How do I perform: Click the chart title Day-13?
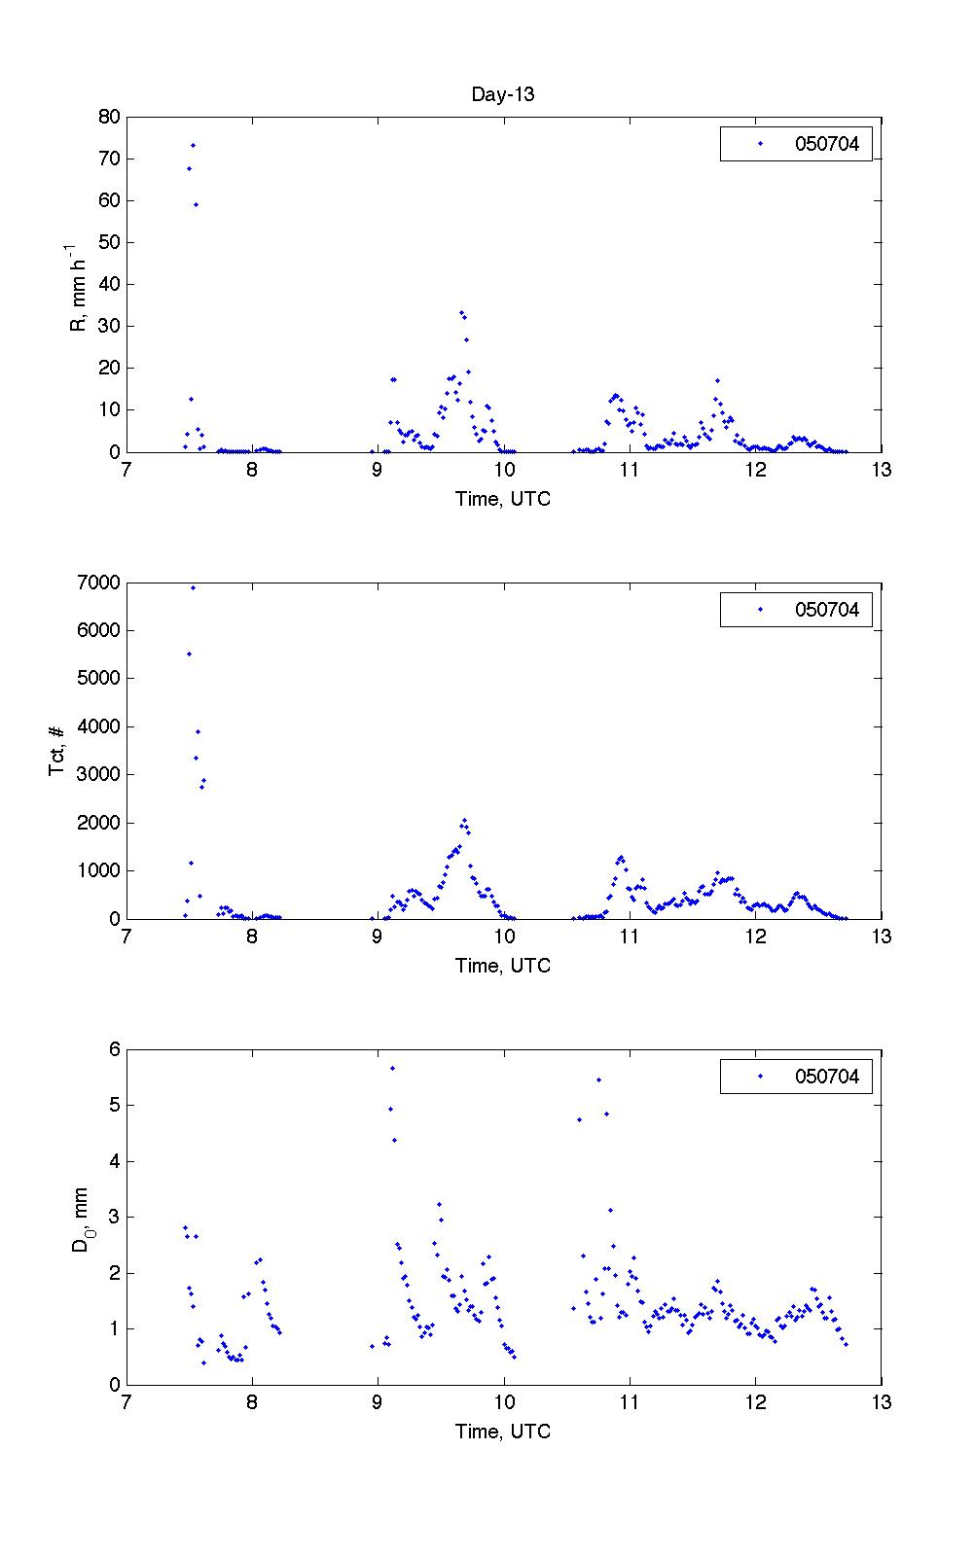[502, 94]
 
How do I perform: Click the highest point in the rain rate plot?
[193, 145]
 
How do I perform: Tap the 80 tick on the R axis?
[109, 117]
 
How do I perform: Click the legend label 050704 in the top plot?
[827, 144]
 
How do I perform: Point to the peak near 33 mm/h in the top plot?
[461, 312]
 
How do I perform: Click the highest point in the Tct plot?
[193, 587]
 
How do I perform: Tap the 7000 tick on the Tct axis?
[99, 583]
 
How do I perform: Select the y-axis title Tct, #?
[57, 750]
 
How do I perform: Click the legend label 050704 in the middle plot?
[827, 610]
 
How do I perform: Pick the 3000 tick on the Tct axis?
[99, 775]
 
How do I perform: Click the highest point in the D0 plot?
[392, 1068]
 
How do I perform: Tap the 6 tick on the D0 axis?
[115, 1049]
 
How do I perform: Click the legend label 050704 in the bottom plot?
[827, 1077]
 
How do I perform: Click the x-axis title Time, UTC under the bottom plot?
[502, 1432]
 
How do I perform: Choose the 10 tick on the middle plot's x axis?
[504, 937]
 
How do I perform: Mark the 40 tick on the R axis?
[109, 284]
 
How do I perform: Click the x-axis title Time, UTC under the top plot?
[502, 499]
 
